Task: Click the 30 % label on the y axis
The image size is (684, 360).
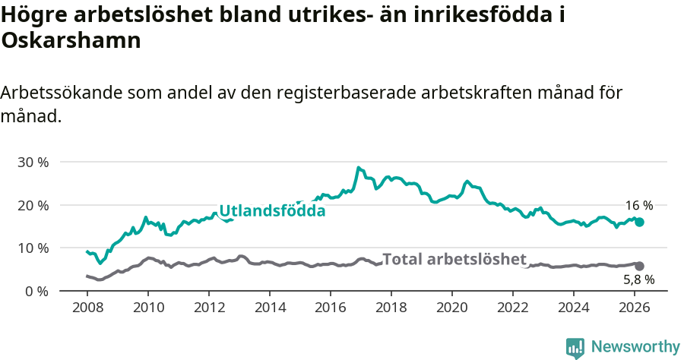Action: pyautogui.click(x=33, y=162)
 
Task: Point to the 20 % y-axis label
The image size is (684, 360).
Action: pyautogui.click(x=33, y=205)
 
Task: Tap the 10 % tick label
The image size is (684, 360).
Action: pyautogui.click(x=33, y=248)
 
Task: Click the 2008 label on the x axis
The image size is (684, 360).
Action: pyautogui.click(x=87, y=308)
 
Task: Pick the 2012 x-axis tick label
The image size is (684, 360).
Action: pyautogui.click(x=208, y=308)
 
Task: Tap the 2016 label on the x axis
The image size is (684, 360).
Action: pyautogui.click(x=330, y=308)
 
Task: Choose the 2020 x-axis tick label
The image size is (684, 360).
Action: pyautogui.click(x=451, y=308)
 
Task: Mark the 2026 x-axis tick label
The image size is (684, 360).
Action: pyautogui.click(x=634, y=308)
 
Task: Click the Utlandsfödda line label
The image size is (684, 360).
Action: pyautogui.click(x=272, y=211)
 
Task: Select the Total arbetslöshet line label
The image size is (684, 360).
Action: pyautogui.click(x=454, y=259)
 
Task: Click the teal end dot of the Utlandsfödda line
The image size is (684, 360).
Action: pyautogui.click(x=640, y=222)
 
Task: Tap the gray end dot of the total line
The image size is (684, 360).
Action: pyautogui.click(x=640, y=266)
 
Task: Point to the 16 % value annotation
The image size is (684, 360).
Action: pyautogui.click(x=638, y=206)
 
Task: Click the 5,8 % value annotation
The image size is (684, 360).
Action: pyautogui.click(x=638, y=280)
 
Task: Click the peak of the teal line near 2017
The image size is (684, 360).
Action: pyautogui.click(x=359, y=168)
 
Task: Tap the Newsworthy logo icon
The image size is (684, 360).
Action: pyautogui.click(x=575, y=347)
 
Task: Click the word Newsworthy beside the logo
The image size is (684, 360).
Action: pyautogui.click(x=635, y=347)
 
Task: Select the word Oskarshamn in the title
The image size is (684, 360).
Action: pyautogui.click(x=71, y=41)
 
